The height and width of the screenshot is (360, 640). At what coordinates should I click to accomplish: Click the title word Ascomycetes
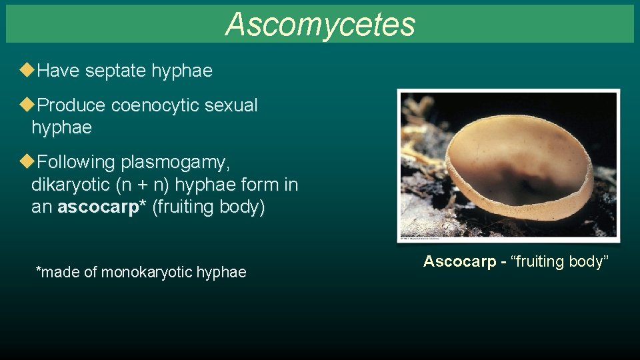pyautogui.click(x=320, y=25)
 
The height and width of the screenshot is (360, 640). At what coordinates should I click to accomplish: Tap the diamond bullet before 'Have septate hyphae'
pyautogui.click(x=26, y=70)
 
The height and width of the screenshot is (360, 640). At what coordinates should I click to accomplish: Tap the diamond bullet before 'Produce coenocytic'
pyautogui.click(x=26, y=105)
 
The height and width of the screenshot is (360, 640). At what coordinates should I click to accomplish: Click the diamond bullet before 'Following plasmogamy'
pyautogui.click(x=26, y=161)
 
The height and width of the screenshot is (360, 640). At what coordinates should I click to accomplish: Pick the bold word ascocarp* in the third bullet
pyautogui.click(x=102, y=207)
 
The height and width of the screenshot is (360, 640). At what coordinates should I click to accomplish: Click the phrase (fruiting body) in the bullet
pyautogui.click(x=209, y=207)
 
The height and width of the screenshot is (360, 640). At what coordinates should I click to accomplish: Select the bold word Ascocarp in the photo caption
pyautogui.click(x=460, y=261)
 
